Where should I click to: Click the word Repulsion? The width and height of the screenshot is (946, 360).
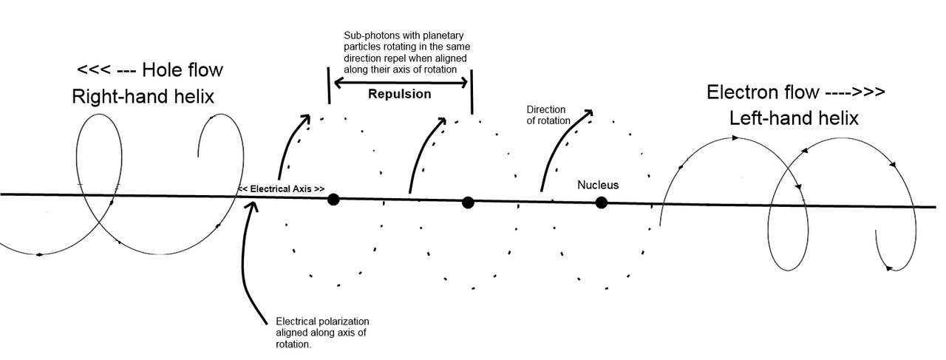400,94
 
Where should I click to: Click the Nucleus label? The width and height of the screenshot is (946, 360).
598,185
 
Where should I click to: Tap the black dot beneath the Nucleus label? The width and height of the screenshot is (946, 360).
602,203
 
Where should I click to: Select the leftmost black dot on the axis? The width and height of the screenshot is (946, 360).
333,200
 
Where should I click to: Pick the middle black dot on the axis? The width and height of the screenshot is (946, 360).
468,203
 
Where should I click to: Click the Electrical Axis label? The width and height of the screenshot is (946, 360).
282,189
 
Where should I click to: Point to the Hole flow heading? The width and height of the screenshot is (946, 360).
150,69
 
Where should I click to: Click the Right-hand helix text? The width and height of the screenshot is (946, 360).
143,96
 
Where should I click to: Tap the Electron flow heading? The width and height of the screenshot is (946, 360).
796,92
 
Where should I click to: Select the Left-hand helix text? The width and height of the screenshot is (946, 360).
794,118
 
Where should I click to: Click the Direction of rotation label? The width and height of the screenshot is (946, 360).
548,115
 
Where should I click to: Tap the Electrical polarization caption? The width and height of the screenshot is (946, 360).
322,333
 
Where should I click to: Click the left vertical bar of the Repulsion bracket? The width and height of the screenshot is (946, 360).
329,85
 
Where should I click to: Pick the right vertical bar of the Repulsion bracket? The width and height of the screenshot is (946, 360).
472,92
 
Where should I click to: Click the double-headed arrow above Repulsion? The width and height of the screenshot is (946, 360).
401,82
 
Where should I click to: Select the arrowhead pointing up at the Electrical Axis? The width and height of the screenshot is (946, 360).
253,206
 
